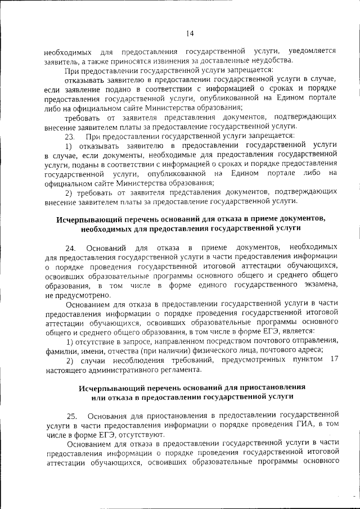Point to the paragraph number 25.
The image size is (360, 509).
point(71,416)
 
